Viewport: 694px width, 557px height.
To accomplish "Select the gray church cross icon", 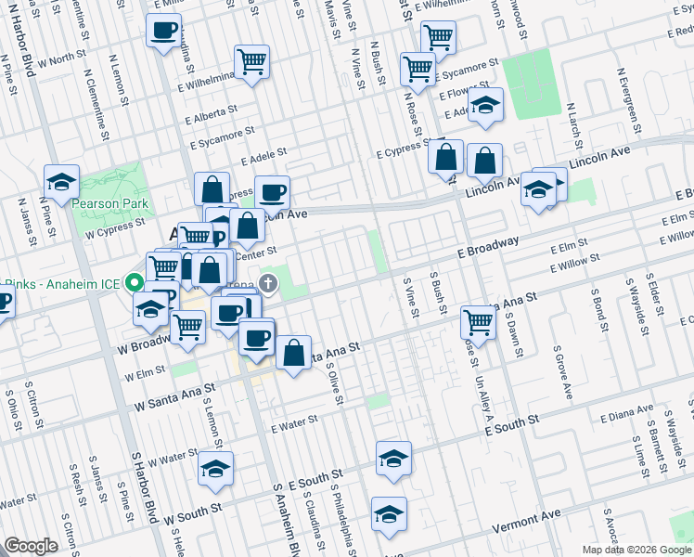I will (x=268, y=282).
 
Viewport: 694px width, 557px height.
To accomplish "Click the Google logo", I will (x=32, y=546).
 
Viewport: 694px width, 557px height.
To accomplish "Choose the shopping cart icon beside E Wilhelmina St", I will (x=251, y=62).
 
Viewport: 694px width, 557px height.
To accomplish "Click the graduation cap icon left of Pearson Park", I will (x=62, y=182).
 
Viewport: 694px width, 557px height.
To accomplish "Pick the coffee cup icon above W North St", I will (x=163, y=31).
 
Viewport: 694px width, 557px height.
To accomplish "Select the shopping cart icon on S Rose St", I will (x=479, y=322).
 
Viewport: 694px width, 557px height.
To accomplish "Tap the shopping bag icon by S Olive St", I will (x=293, y=353).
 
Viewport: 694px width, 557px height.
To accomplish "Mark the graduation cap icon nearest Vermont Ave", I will (x=389, y=513).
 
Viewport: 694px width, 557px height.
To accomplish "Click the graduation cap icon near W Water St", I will (x=215, y=469).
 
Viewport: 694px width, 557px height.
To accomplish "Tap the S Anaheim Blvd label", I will (x=283, y=515).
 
